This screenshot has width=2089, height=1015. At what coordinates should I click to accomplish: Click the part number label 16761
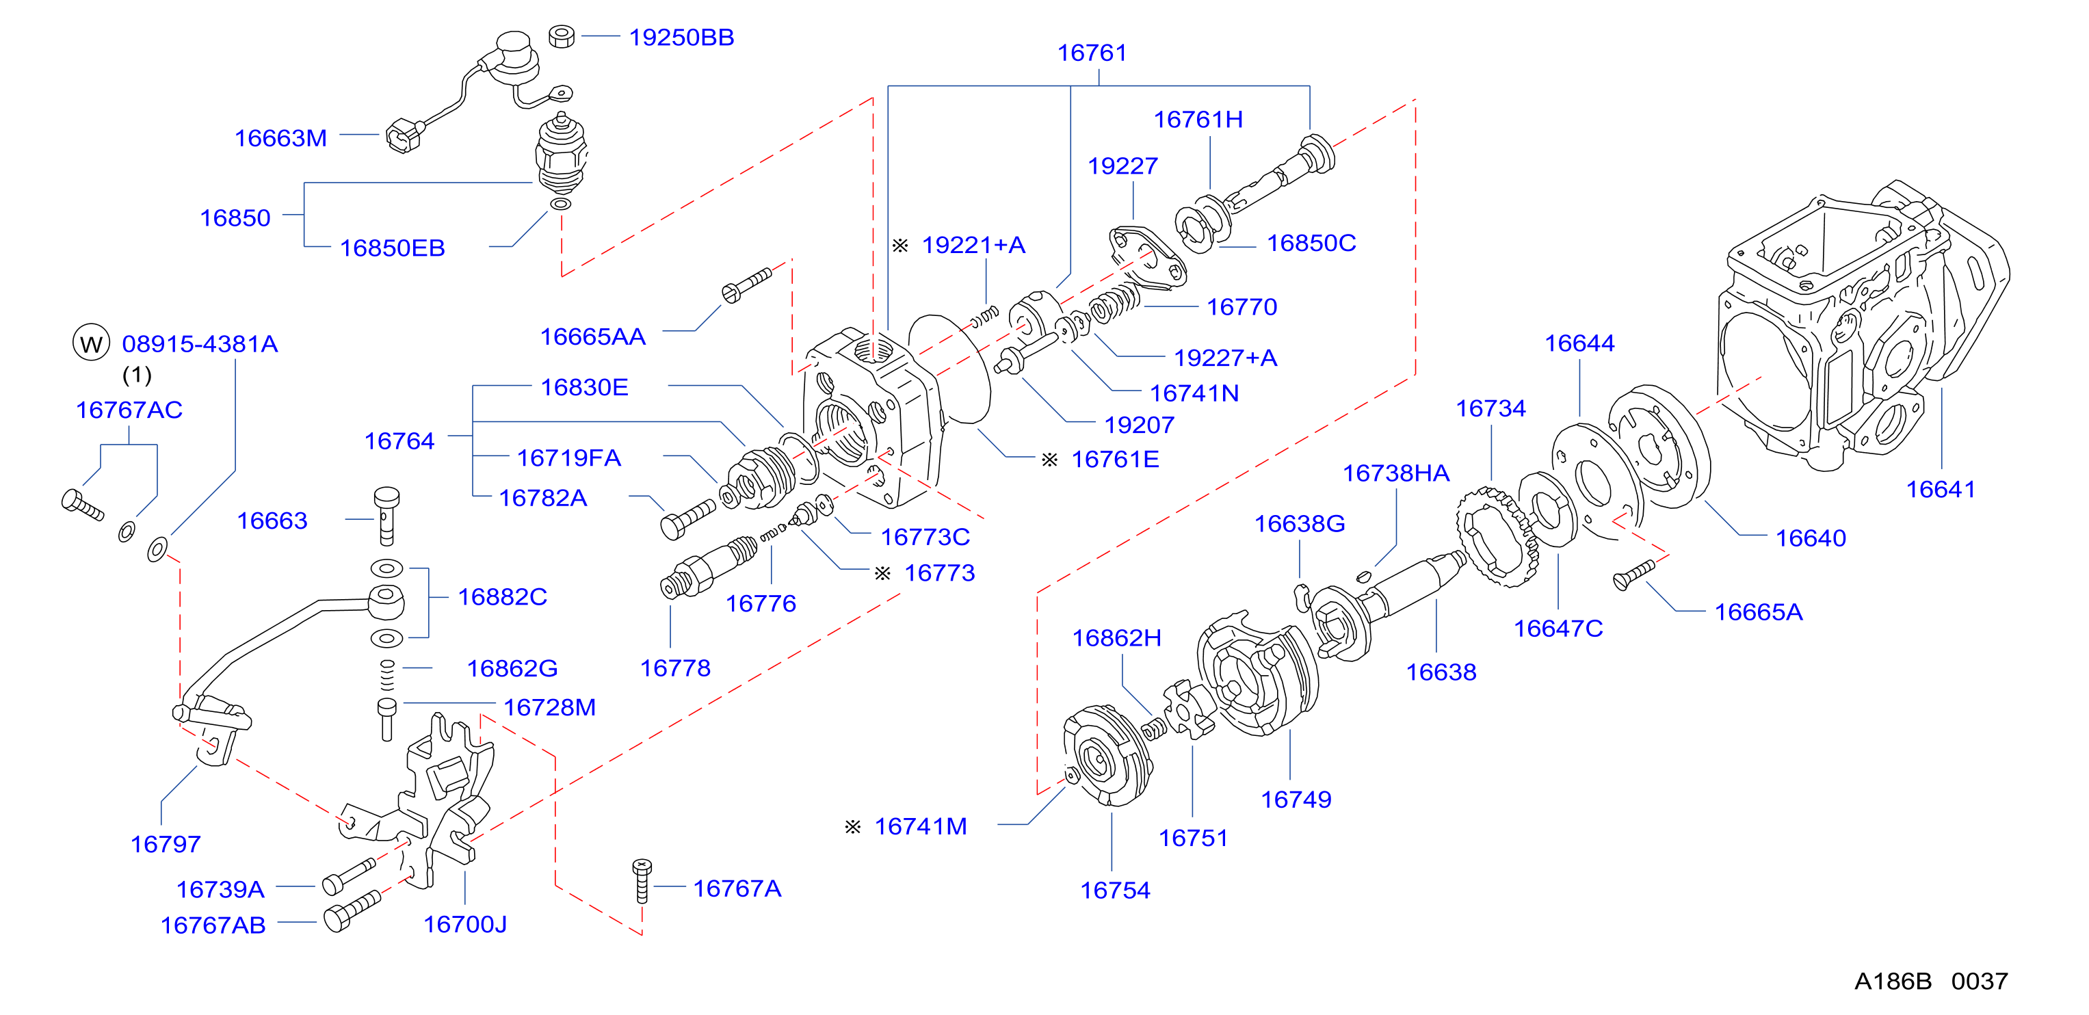1092,53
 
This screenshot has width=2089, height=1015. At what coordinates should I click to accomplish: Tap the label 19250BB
681,38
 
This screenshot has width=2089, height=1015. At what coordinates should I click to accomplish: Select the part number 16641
1940,489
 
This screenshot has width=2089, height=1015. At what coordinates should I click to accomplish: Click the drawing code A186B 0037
1931,981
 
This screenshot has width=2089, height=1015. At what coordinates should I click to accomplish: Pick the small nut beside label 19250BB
561,36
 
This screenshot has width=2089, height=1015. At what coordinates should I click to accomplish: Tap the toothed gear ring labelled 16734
1496,537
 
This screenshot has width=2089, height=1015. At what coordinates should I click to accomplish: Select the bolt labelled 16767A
642,880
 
